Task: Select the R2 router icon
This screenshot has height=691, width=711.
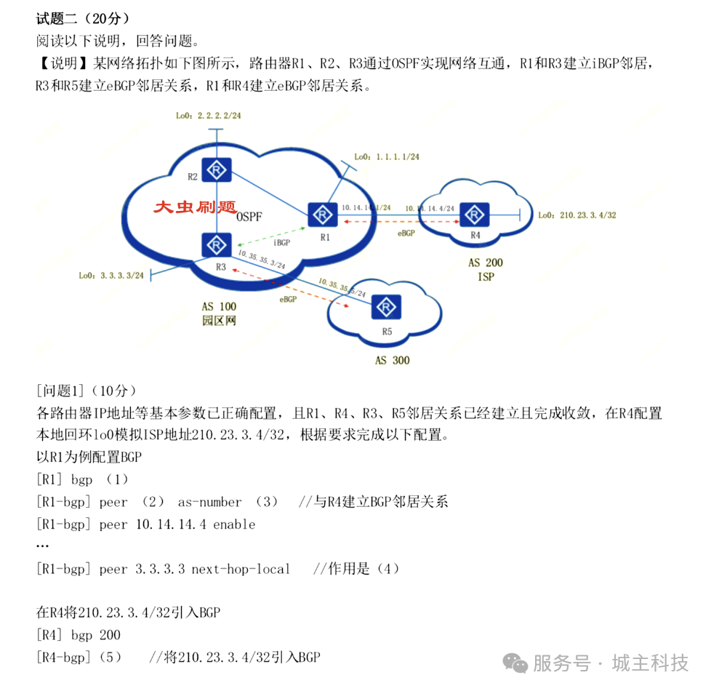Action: [x=216, y=170]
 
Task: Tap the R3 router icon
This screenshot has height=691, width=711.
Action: [x=216, y=244]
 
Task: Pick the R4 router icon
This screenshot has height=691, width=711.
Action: [x=475, y=215]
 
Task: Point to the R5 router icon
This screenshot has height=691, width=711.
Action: [x=386, y=306]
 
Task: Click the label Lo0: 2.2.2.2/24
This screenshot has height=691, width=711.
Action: [x=208, y=116]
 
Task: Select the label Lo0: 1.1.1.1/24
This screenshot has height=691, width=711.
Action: [x=387, y=156]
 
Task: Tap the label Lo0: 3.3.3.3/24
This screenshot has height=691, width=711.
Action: [x=112, y=276]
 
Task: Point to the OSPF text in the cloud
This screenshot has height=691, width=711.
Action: [x=249, y=217]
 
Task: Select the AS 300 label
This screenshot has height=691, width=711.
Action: [x=392, y=360]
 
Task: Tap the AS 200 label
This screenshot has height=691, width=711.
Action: [x=485, y=263]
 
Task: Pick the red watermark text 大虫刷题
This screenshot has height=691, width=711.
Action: [x=195, y=207]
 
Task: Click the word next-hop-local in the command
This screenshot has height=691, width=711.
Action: [x=241, y=569]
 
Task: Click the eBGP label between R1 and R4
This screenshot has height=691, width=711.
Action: [x=406, y=233]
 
